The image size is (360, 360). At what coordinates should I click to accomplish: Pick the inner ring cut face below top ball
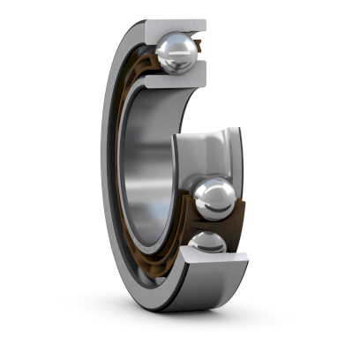[173, 83]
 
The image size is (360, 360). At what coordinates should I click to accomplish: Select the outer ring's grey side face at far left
[109, 176]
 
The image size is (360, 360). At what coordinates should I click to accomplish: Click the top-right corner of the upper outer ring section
[206, 22]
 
